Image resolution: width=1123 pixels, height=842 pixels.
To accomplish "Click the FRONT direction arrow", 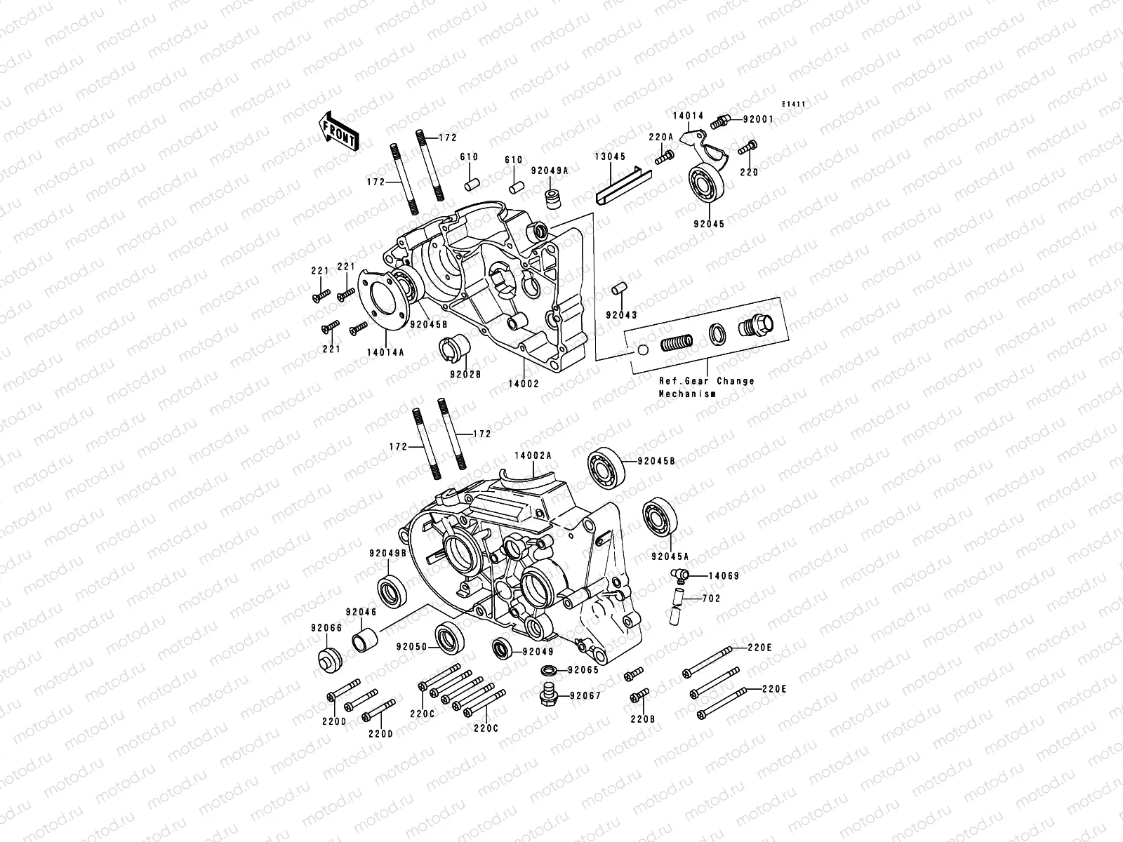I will pos(349,131).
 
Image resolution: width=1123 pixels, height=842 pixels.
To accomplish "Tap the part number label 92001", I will pos(757,119).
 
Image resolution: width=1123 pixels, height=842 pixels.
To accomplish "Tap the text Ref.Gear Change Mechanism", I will pos(706,387).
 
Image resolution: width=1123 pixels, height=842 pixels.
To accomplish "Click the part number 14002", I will pos(524,384).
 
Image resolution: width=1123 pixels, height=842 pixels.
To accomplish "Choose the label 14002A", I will pos(533,455).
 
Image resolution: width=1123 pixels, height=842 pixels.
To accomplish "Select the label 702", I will pos(711,599).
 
